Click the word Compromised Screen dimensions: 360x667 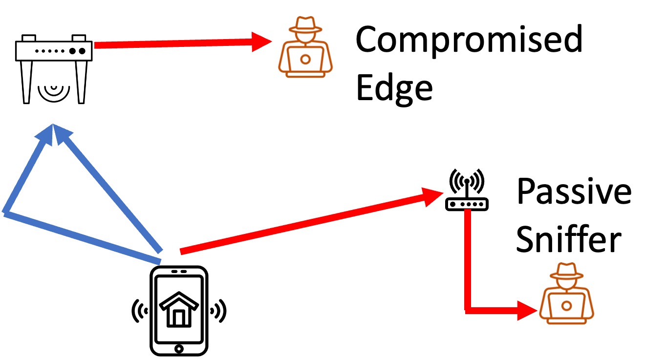tap(469, 40)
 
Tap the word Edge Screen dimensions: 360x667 tap(394, 88)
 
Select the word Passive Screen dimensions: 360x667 tap(574, 191)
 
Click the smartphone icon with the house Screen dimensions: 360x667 tap(178, 310)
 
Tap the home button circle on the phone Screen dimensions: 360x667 tap(178, 349)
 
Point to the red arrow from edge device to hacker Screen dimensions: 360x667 tap(181, 44)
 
